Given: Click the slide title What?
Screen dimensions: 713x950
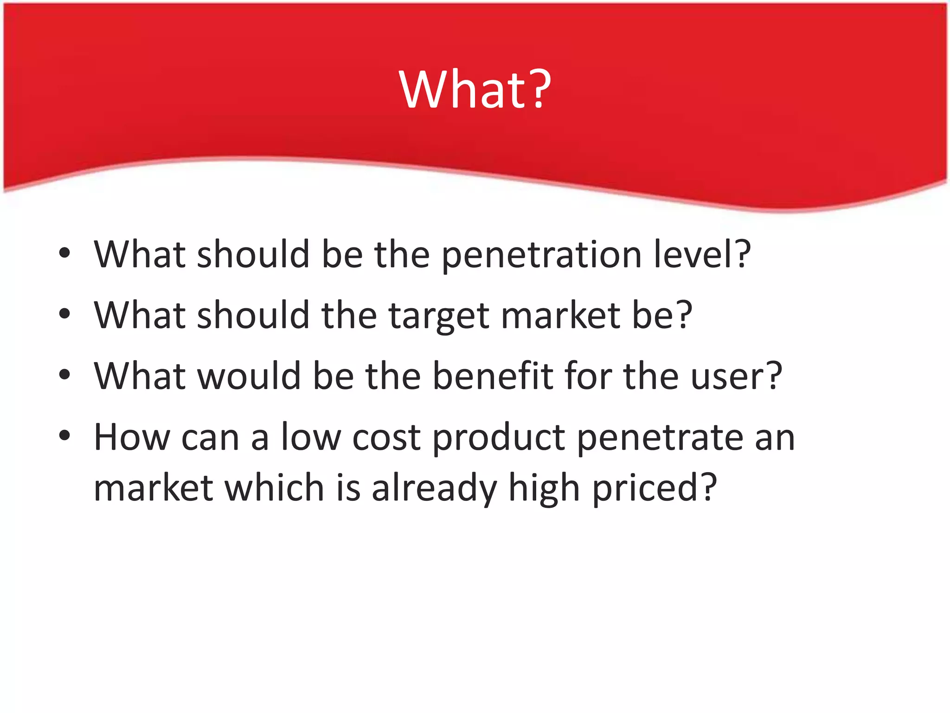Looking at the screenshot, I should pyautogui.click(x=475, y=89).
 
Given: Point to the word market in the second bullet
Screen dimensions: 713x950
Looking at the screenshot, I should pyautogui.click(x=561, y=316).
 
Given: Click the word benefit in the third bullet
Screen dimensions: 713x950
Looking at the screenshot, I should pyautogui.click(x=493, y=376).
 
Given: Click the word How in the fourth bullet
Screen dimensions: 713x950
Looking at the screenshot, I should pyautogui.click(x=132, y=437).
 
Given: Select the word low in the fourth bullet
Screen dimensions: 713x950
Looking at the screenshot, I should pyautogui.click(x=311, y=437).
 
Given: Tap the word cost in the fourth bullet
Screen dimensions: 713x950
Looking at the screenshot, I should pyautogui.click(x=386, y=438).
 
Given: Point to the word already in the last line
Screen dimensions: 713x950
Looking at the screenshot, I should pyautogui.click(x=434, y=489).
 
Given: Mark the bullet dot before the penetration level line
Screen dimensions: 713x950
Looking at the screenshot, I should pyautogui.click(x=64, y=253).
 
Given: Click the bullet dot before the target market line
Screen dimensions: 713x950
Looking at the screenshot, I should pyautogui.click(x=64, y=314).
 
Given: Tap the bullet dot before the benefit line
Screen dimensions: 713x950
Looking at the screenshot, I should pyautogui.click(x=64, y=374).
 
